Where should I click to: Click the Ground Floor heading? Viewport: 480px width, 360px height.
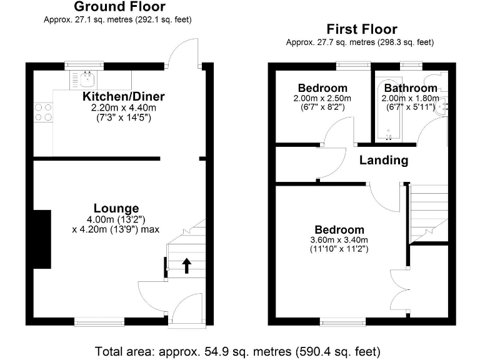119,7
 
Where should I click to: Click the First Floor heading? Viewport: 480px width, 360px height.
361,29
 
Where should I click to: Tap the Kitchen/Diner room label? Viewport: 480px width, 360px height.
124,96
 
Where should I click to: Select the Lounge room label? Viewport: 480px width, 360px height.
116,208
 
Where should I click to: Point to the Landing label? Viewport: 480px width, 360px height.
384,160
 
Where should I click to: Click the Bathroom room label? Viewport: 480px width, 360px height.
411,88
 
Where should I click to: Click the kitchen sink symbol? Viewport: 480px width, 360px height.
86,79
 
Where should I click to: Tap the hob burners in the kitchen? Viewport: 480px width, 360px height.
43,111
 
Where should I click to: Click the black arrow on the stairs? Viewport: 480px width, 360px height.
186,266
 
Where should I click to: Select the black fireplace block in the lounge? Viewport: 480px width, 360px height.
42,238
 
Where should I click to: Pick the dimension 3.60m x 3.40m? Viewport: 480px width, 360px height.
339,240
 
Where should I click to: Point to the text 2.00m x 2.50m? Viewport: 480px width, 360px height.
322,98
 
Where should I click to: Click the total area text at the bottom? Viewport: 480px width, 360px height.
237,351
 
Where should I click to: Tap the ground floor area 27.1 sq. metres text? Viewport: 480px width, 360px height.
117,19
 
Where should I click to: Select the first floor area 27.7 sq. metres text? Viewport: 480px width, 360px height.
359,42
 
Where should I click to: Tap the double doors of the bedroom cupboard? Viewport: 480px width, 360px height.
399,287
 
